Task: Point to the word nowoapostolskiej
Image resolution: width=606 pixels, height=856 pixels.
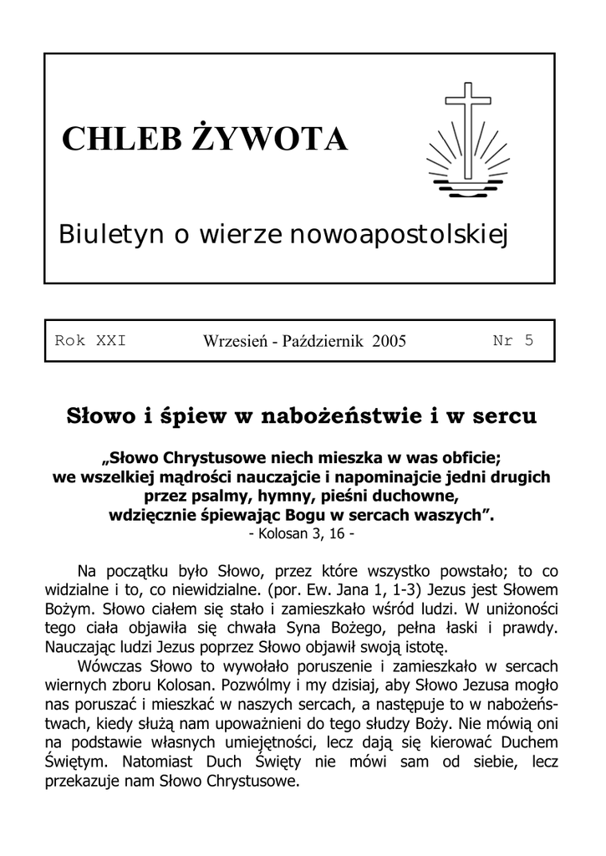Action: coord(400,235)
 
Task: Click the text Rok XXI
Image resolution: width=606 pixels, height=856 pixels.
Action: coord(90,340)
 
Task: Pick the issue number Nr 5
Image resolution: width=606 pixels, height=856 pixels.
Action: coord(512,340)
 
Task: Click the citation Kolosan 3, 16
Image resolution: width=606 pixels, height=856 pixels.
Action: coord(302,532)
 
